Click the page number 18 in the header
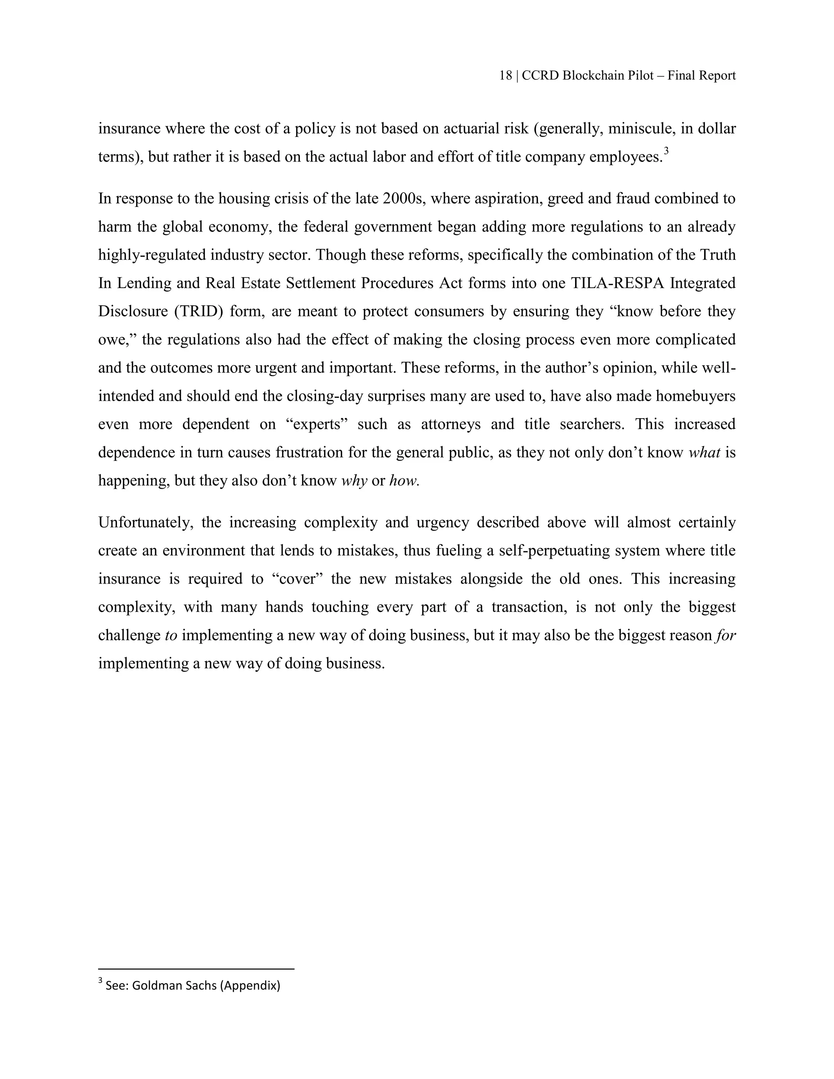pos(505,76)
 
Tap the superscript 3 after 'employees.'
pos(666,151)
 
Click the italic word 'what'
pos(704,452)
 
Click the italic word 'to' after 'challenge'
pos(171,635)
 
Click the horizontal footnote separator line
pos(196,969)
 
